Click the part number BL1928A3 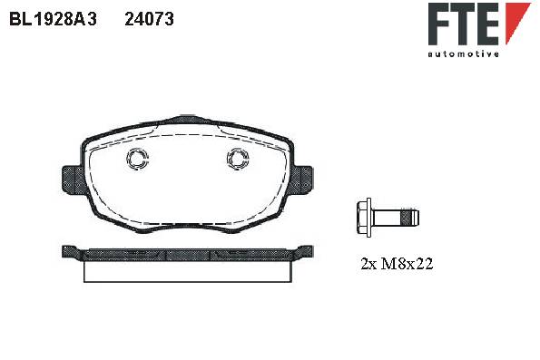pos(53,19)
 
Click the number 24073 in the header pos(149,19)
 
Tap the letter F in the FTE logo pos(438,24)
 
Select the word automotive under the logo pos(463,54)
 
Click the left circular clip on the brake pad pos(137,159)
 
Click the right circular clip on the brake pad pos(238,159)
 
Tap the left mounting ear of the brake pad pos(74,180)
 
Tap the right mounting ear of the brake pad pos(301,179)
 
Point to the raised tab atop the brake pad pos(186,119)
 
